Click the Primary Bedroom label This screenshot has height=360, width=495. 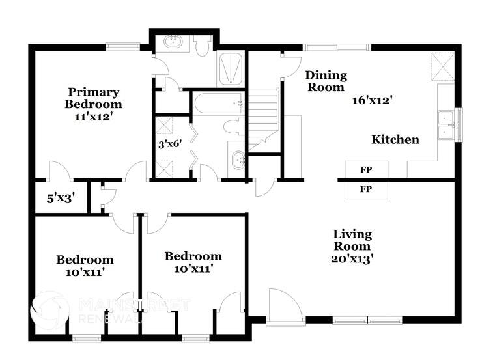pos(92,98)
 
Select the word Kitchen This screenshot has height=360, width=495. pos(395,139)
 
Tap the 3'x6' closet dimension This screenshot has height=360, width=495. pos(169,145)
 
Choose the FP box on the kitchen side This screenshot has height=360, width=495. pos(366,170)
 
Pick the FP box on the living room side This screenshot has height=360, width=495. pos(366,189)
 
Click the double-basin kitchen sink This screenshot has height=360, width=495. pos(446,125)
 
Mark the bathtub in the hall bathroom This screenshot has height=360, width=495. pos(218,103)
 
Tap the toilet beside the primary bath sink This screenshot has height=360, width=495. pos(201,45)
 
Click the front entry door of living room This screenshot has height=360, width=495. pos(284,306)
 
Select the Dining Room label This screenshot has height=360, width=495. pos(326,81)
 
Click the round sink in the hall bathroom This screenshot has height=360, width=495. pos(237,158)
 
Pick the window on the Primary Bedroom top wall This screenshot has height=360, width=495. pos(123,46)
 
